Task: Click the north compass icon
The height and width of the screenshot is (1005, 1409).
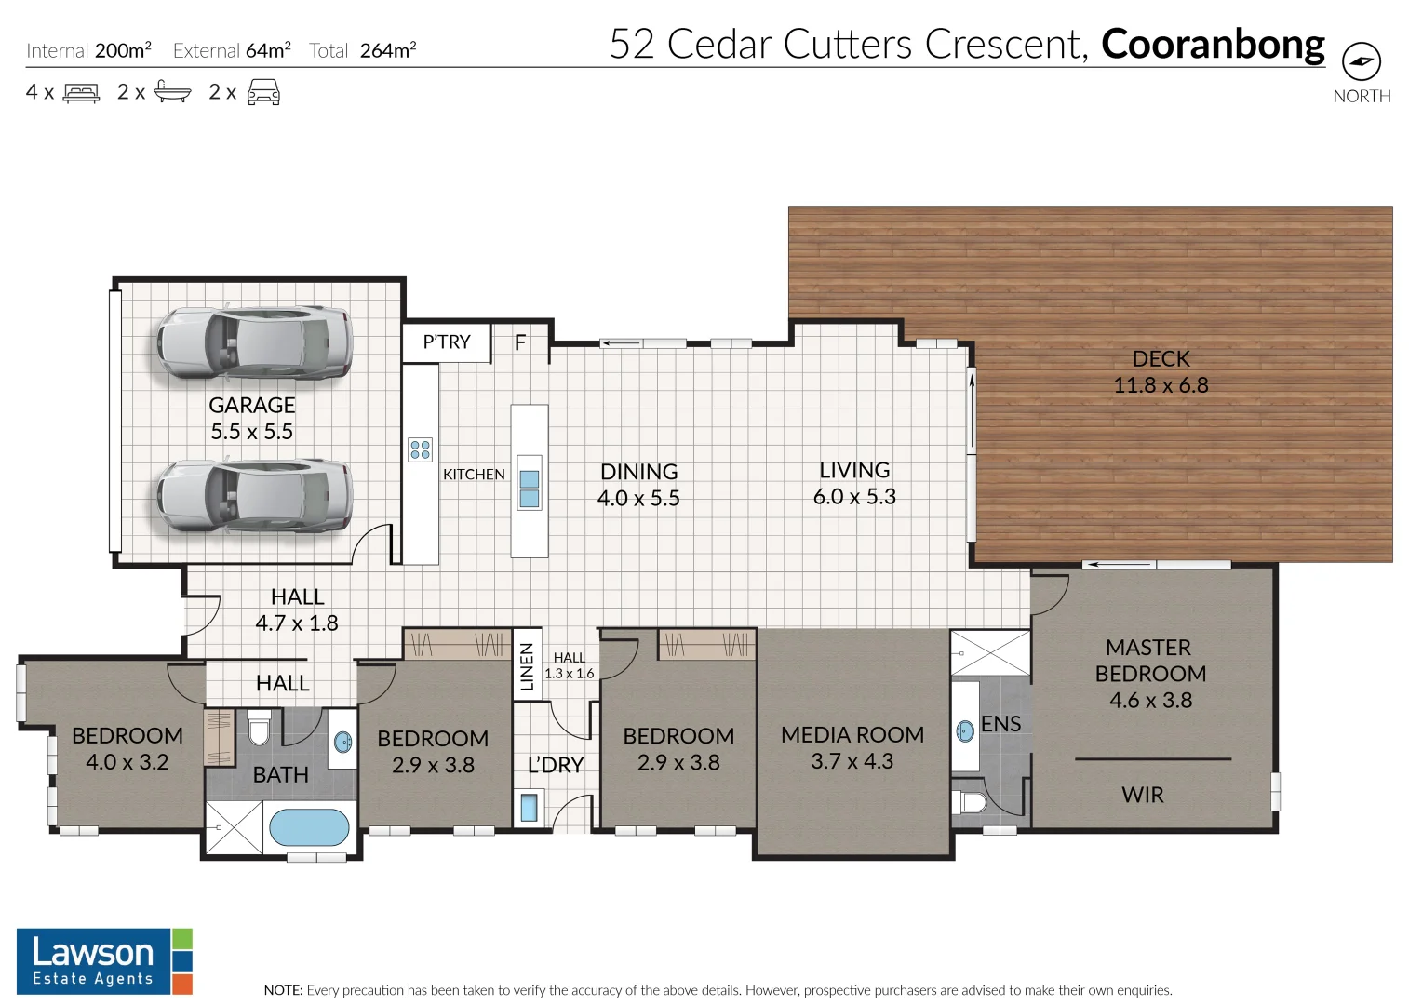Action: tap(1361, 62)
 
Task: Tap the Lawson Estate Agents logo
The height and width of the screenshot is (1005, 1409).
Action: tap(103, 961)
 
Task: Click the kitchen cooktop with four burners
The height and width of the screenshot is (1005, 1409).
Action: tap(420, 450)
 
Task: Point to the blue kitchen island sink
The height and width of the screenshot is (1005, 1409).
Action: tap(529, 489)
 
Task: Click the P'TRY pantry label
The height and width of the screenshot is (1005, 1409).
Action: tap(446, 342)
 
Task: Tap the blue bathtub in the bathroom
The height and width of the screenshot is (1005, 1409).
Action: tap(309, 827)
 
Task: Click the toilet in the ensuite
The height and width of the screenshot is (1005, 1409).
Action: tap(972, 802)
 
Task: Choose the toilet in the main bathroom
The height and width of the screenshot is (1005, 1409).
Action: tap(259, 728)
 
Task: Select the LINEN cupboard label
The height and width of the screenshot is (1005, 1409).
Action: tap(527, 666)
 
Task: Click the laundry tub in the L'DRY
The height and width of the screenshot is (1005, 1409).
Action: tap(529, 807)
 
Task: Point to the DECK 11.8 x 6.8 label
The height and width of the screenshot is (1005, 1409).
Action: tap(1161, 372)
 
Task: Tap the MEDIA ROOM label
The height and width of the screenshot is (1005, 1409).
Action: tap(852, 735)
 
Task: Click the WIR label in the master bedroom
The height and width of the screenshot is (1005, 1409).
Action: tap(1142, 795)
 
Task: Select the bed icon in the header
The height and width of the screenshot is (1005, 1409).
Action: tap(81, 93)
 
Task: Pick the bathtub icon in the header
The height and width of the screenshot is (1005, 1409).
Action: tap(172, 92)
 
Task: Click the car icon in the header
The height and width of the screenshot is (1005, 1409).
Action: tap(263, 92)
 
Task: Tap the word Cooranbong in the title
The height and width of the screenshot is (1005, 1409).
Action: tap(1213, 45)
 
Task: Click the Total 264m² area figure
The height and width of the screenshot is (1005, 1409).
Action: tap(363, 51)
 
